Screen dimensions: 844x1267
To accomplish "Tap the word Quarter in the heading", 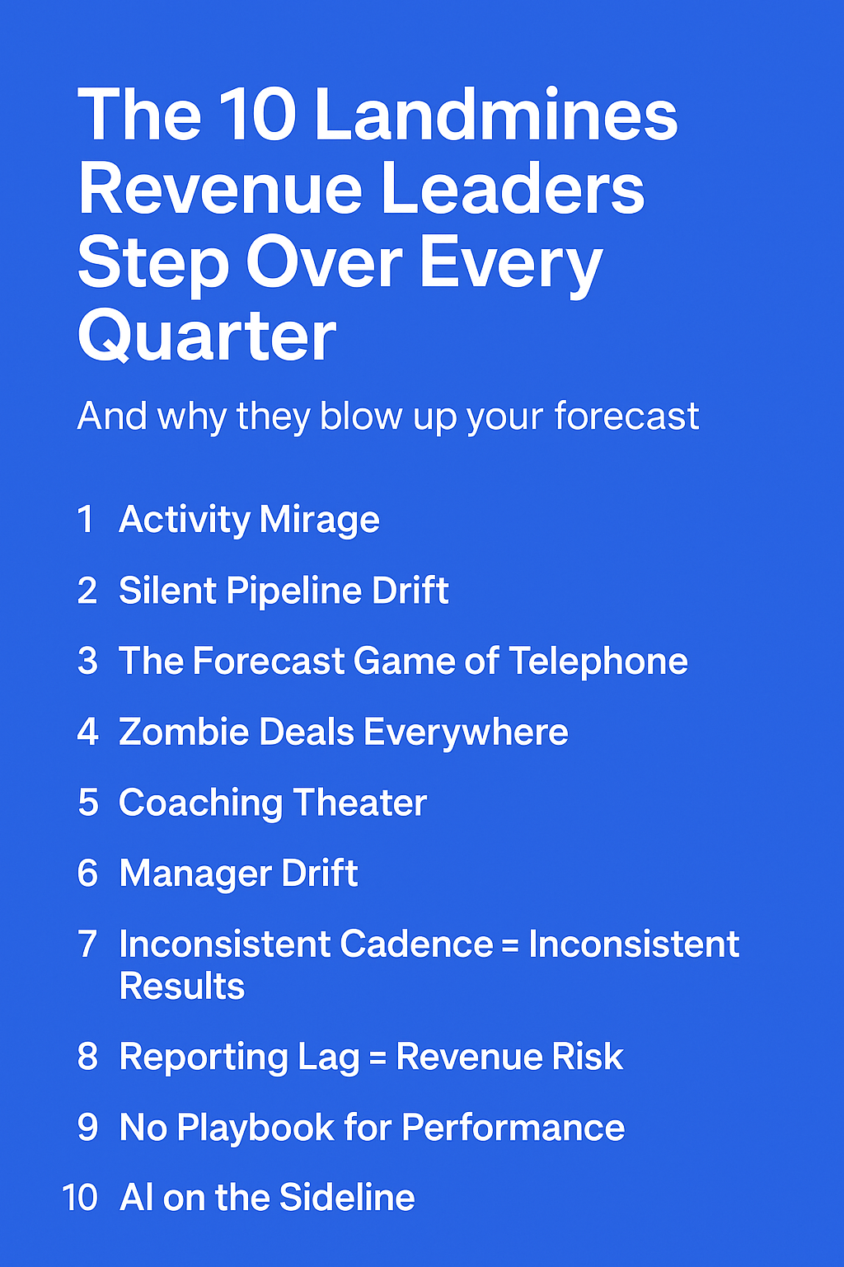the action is (x=207, y=336).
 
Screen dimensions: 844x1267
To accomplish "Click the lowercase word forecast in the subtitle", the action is (x=626, y=417).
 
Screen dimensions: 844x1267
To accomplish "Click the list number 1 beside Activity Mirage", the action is (x=86, y=519).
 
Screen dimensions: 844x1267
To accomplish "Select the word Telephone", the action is (x=598, y=662).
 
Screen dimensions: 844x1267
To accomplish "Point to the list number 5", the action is (x=88, y=803).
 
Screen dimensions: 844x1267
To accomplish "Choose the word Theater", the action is (x=360, y=803).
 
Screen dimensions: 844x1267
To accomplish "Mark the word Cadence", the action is (x=416, y=944).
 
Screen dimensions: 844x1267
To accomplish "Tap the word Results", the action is (x=182, y=986).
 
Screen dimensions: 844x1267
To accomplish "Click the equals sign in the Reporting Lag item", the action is (x=377, y=1057).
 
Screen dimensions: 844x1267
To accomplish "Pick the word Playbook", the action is (x=256, y=1128).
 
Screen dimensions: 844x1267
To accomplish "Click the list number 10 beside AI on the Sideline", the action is (x=80, y=1197).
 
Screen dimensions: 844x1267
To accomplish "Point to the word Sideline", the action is (x=347, y=1197).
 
